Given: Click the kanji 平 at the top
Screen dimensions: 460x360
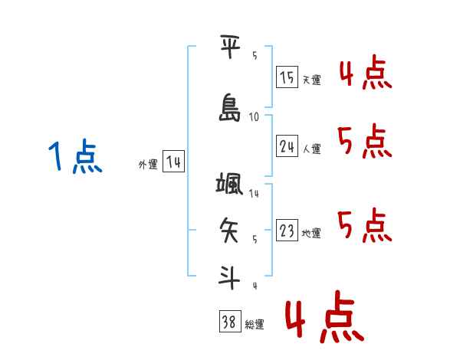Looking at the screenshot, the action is pos(230,46).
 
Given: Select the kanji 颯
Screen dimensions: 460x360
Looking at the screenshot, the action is pos(229,183).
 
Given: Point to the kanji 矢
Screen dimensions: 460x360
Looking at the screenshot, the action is pos(229,230).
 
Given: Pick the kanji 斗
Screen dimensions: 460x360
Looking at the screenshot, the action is pos(229,277).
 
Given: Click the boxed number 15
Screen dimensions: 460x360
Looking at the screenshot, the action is pos(287,77).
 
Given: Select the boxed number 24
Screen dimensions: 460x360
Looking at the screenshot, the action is pos(287,146).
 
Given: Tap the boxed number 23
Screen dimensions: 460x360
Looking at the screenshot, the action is pos(287,230).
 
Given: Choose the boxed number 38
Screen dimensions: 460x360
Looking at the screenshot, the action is pos(230,321).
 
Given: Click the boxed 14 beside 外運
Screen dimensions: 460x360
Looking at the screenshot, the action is pos(173,162).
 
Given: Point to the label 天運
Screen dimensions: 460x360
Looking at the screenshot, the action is pos(312,80).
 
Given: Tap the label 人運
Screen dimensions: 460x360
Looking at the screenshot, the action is pos(312,149).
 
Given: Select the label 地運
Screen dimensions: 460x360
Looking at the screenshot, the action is pos(311,233).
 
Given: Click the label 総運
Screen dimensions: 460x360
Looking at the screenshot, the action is pos(255,325).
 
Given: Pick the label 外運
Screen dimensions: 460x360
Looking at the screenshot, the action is pos(148,165).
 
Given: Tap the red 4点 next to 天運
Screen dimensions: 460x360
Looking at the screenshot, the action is pos(366,72).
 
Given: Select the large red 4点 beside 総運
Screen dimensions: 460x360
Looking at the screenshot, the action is pos(325,317).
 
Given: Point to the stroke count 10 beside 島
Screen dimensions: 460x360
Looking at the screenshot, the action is pos(254,117).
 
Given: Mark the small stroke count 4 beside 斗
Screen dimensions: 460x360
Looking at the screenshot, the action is pos(255,286).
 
